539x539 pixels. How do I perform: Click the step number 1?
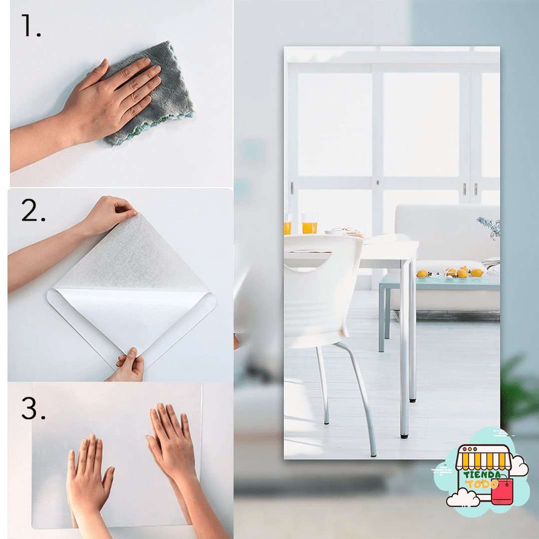tap(30, 26)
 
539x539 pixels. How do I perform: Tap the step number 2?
tap(33, 210)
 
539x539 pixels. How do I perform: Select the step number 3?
tap(33, 408)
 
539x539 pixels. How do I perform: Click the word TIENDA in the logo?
tap(482, 475)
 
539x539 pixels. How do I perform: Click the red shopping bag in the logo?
tap(502, 491)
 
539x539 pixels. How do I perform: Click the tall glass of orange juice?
tap(309, 224)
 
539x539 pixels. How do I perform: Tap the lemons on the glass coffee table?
tap(450, 272)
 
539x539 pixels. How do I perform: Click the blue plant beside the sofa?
tap(491, 227)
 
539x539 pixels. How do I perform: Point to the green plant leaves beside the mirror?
tap(519, 392)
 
